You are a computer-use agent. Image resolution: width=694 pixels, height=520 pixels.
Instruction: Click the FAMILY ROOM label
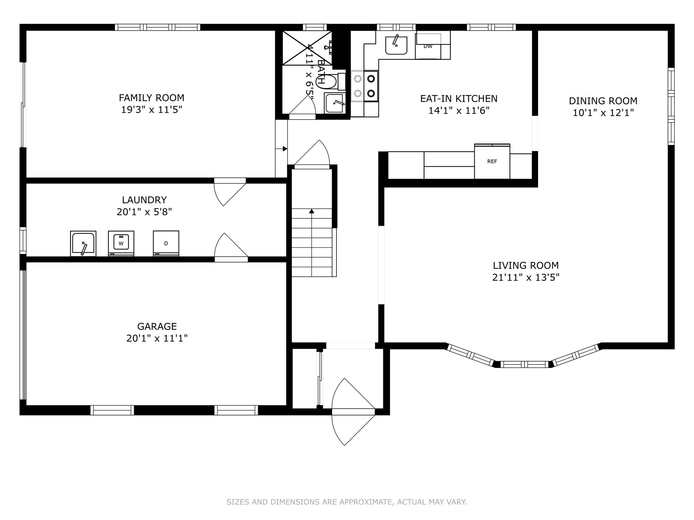(151, 98)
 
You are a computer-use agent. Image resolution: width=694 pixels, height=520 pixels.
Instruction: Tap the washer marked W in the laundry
(121, 243)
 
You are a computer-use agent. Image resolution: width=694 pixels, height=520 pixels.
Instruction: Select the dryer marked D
(166, 243)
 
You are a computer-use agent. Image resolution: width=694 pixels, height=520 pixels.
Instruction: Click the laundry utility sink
(83, 243)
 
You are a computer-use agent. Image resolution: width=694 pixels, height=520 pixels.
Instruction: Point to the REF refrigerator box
(492, 162)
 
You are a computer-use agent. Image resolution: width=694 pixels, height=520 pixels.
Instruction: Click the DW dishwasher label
(428, 46)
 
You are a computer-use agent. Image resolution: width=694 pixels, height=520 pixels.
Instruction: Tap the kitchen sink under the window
(396, 45)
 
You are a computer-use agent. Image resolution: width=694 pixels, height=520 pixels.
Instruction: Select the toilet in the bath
(326, 81)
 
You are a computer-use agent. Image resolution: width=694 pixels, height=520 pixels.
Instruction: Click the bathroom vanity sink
(335, 103)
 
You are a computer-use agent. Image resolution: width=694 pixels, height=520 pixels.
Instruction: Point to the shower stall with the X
(307, 48)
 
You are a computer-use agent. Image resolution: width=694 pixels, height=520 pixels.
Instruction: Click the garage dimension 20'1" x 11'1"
(157, 338)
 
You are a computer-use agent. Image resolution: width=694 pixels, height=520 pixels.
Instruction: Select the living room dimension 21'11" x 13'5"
(526, 278)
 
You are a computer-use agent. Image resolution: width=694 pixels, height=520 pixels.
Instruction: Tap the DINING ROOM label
(603, 101)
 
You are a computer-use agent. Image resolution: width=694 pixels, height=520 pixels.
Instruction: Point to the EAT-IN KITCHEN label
(459, 99)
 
